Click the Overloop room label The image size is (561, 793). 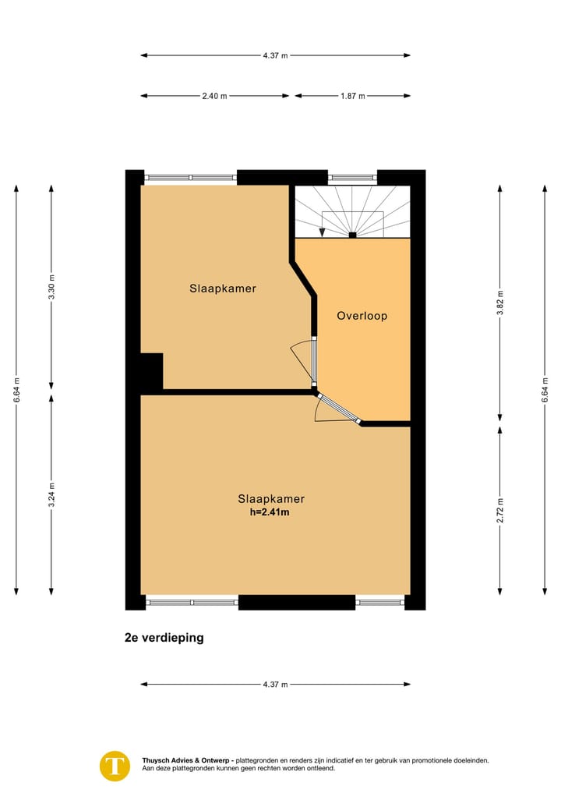tap(362, 316)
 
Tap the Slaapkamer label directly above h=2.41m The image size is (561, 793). tap(271, 499)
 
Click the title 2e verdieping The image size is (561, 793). tap(164, 637)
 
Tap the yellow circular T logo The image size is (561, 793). tap(115, 765)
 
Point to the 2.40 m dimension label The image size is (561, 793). tap(214, 96)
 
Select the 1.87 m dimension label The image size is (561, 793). tap(352, 96)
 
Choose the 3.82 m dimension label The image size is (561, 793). tap(500, 303)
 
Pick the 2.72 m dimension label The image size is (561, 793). tap(500, 509)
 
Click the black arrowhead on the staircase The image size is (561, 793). tap(323, 232)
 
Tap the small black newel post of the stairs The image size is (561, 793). tap(352, 235)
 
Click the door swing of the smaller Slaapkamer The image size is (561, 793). tap(301, 361)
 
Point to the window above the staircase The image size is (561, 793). tap(352, 178)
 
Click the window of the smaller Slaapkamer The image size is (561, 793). tap(191, 178)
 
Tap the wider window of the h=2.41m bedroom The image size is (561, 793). tap(192, 602)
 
